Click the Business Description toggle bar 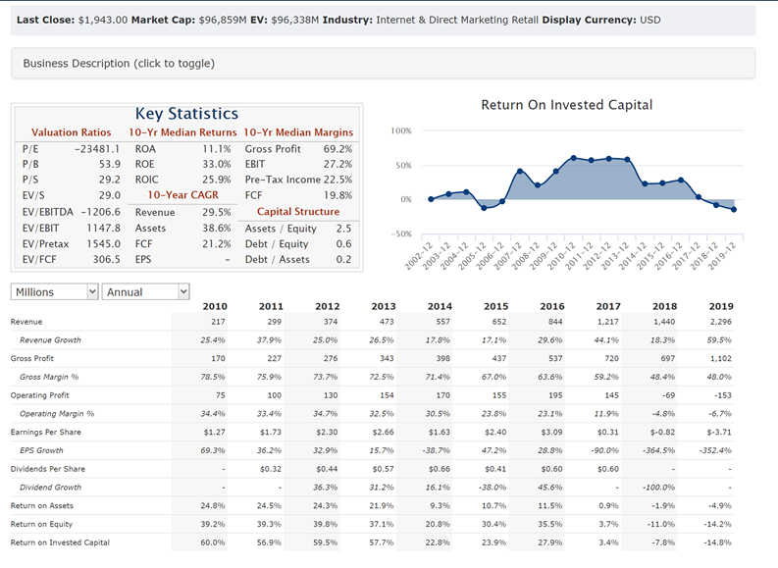pyautogui.click(x=119, y=63)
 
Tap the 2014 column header pyautogui.click(x=439, y=306)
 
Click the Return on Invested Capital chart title pyautogui.click(x=566, y=105)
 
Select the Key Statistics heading pyautogui.click(x=186, y=114)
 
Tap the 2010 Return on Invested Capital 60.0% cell pyautogui.click(x=213, y=542)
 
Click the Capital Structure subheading pyautogui.click(x=297, y=212)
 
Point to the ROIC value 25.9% pyautogui.click(x=216, y=181)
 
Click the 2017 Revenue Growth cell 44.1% pyautogui.click(x=606, y=339)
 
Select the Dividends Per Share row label pyautogui.click(x=47, y=469)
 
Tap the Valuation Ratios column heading pyautogui.click(x=71, y=132)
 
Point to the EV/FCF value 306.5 pyautogui.click(x=106, y=260)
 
